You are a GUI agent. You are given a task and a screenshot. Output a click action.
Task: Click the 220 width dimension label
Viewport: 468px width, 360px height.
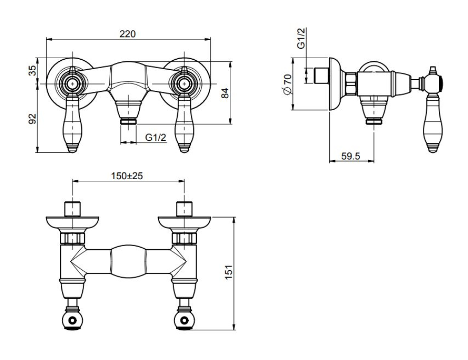click(127, 34)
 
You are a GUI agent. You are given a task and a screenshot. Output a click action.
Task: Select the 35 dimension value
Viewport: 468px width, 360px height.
click(32, 71)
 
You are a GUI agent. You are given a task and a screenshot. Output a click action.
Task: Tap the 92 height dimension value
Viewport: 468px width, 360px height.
click(32, 119)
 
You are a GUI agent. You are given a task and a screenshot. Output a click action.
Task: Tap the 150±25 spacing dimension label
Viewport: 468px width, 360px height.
click(127, 176)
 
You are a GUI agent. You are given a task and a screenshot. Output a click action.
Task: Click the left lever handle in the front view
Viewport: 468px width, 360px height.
click(72, 125)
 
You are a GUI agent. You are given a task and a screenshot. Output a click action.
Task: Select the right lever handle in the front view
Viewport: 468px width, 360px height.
click(184, 125)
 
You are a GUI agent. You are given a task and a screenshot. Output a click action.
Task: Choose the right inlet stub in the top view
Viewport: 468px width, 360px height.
click(185, 208)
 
